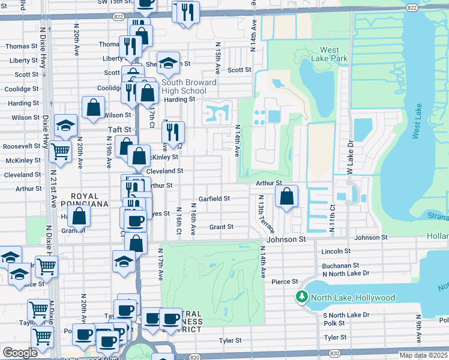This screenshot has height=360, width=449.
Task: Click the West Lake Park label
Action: tap(334, 55)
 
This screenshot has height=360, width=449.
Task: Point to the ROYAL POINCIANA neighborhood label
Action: tap(89, 200)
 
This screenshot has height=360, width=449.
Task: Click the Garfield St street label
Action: tap(214, 199)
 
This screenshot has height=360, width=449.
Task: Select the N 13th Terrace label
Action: tap(265, 214)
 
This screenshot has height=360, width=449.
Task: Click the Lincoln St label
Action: tap(336, 251)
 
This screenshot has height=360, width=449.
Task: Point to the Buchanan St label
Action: tap(340, 265)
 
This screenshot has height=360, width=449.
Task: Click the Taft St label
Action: tap(119, 130)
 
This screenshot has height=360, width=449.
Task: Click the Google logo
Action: tap(20, 353)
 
